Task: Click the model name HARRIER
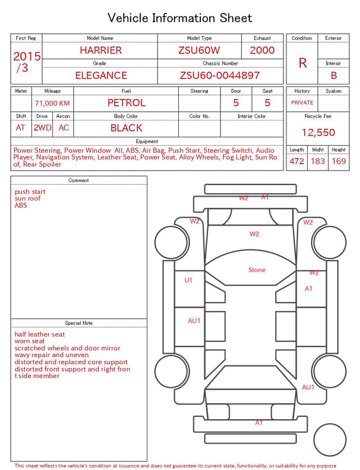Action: (101, 50)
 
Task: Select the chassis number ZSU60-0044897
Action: (219, 75)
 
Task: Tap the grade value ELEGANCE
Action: (101, 75)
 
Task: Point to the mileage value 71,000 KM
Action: (52, 104)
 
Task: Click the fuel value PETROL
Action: (127, 103)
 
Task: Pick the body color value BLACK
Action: (127, 128)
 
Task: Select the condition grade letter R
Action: (303, 63)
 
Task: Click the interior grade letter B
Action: (334, 75)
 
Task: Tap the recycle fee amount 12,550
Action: (318, 132)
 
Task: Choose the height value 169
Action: (339, 161)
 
